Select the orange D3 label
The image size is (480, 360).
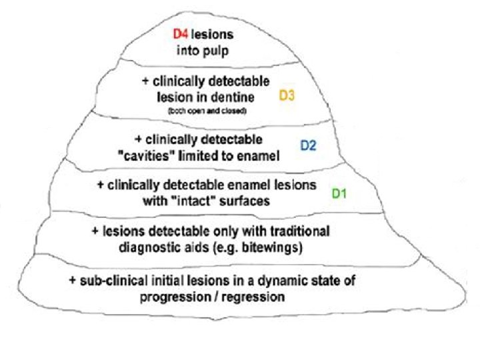(287, 96)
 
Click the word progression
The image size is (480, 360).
(175, 297)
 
